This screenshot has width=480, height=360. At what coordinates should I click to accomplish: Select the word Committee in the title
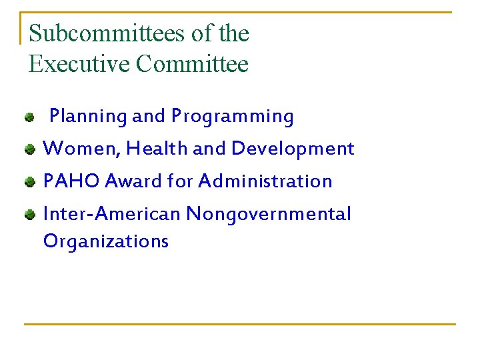pyautogui.click(x=192, y=64)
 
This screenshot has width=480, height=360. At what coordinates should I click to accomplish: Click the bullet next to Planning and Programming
pyautogui.click(x=29, y=118)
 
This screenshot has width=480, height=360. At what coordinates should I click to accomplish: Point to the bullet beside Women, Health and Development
pyautogui.click(x=29, y=150)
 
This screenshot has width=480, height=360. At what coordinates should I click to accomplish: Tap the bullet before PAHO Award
pyautogui.click(x=29, y=182)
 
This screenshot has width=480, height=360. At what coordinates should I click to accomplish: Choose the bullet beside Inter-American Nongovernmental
pyautogui.click(x=29, y=215)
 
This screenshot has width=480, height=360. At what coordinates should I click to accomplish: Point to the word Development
pyautogui.click(x=293, y=149)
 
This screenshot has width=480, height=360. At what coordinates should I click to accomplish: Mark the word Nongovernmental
pyautogui.click(x=268, y=215)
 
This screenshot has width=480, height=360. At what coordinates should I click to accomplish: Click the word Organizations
pyautogui.click(x=105, y=241)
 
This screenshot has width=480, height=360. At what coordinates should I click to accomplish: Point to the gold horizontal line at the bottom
pyautogui.click(x=240, y=325)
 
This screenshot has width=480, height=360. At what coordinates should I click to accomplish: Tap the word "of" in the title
pyautogui.click(x=194, y=33)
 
